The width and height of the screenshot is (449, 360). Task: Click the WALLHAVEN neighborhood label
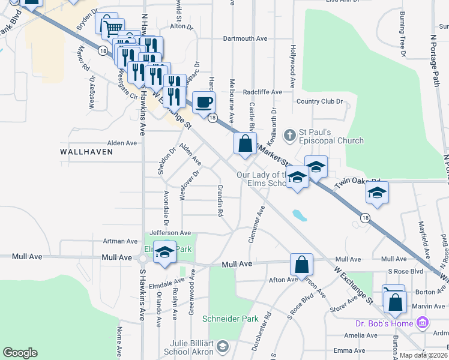[87, 152]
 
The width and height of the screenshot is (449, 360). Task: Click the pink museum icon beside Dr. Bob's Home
[422, 324]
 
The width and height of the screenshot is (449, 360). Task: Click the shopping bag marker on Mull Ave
[301, 263]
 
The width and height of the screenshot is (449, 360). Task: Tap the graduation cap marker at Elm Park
[164, 251]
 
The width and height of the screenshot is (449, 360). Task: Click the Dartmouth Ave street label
[244, 38]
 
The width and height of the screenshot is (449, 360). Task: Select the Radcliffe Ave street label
[262, 92]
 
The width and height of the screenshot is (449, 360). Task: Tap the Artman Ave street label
[120, 241]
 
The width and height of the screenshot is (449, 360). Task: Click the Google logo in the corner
[20, 353]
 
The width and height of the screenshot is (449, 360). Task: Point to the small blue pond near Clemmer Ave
[297, 214]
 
